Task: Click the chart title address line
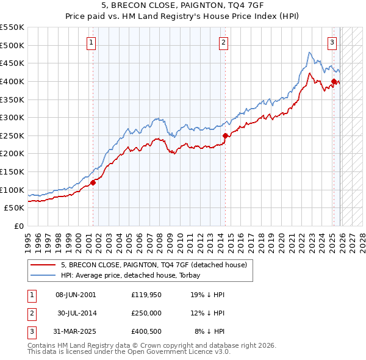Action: (183, 6)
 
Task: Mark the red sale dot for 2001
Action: (93, 182)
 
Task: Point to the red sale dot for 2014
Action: (226, 135)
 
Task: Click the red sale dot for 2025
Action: (334, 81)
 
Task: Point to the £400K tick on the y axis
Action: (12, 81)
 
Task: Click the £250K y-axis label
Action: (12, 135)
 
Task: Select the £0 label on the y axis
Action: (18, 226)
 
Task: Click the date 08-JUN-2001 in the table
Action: (76, 295)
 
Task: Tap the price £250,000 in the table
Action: (146, 313)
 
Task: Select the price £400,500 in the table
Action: (146, 331)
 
